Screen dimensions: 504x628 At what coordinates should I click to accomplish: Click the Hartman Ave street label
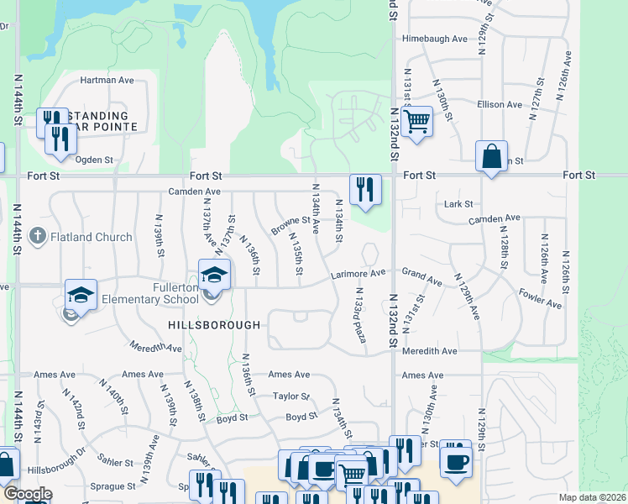click(107, 81)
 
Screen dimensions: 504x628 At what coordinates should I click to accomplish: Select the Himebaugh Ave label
click(434, 39)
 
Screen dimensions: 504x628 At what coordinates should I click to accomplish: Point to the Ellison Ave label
click(500, 105)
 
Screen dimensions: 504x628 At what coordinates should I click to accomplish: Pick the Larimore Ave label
click(358, 273)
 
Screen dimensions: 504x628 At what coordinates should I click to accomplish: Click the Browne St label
click(290, 225)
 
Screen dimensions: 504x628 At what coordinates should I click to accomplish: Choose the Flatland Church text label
click(91, 237)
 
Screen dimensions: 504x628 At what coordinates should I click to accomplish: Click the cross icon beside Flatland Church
click(37, 236)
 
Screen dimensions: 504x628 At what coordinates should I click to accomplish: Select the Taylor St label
click(291, 396)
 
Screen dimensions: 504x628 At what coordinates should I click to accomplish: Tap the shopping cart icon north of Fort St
click(416, 121)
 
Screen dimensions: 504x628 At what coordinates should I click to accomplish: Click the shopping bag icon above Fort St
click(491, 156)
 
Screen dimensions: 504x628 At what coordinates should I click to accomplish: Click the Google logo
click(28, 494)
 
